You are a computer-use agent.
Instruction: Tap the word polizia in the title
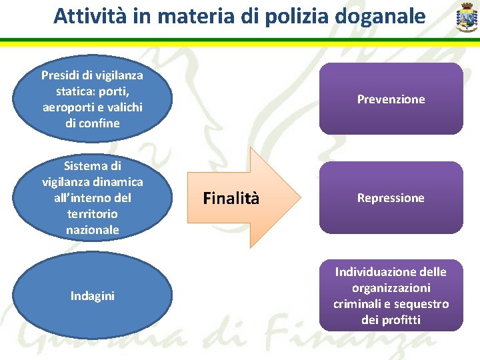pyautogui.click(x=297, y=16)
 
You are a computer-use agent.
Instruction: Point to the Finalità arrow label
pyautogui.click(x=231, y=198)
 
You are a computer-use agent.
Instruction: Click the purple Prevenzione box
pyautogui.click(x=391, y=99)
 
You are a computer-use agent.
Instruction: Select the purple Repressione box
pyautogui.click(x=391, y=198)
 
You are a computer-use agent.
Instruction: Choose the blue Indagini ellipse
pyautogui.click(x=93, y=295)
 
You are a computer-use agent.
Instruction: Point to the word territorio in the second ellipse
pyautogui.click(x=93, y=214)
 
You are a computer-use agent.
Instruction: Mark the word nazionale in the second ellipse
pyautogui.click(x=93, y=230)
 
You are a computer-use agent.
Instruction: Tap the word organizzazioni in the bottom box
pyautogui.click(x=391, y=288)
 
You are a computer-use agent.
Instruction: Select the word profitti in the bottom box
pyautogui.click(x=401, y=320)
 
